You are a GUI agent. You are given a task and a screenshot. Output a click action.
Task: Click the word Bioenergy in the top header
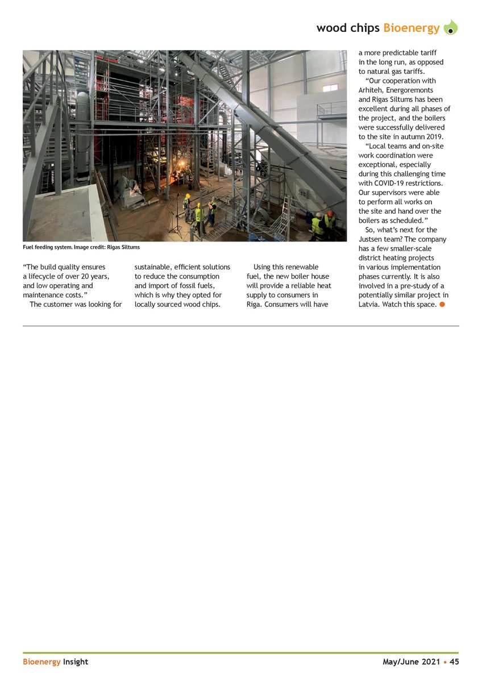pyautogui.click(x=411, y=28)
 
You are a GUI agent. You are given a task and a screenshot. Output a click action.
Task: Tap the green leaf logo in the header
pyautogui.click(x=450, y=27)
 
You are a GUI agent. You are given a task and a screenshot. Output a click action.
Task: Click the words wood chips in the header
pyautogui.click(x=348, y=28)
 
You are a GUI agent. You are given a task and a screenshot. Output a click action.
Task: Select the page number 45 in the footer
pyautogui.click(x=454, y=662)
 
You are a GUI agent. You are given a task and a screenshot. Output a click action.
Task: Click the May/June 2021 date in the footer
pyautogui.click(x=411, y=662)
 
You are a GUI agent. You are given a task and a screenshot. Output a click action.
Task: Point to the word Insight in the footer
pyautogui.click(x=76, y=662)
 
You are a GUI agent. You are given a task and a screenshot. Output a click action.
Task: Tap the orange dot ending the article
pyautogui.click(x=442, y=305)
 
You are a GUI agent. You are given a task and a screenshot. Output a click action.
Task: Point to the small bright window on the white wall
pyautogui.click(x=330, y=88)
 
